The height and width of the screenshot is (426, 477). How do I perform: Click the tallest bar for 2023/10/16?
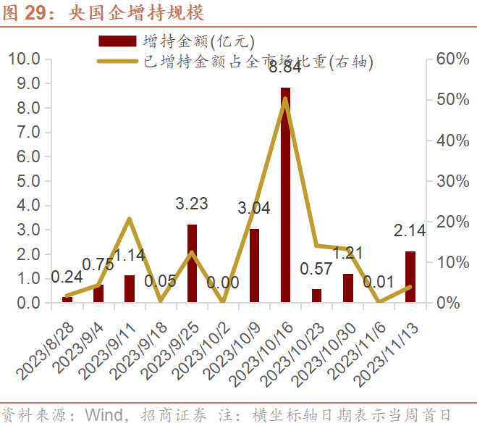click(285, 196)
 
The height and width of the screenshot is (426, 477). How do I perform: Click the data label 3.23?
click(192, 204)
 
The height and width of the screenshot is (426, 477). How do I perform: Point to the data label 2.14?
click(410, 231)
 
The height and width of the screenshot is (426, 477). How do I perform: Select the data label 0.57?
click(316, 270)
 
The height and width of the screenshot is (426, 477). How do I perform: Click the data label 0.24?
click(67, 277)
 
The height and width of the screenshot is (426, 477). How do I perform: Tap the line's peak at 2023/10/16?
click(285, 99)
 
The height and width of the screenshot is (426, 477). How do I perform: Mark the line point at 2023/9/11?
click(129, 219)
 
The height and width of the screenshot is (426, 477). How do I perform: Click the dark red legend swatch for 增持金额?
click(117, 40)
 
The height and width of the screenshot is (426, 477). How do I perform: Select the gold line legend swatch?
click(117, 60)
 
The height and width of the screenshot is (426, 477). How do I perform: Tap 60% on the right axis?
click(452, 59)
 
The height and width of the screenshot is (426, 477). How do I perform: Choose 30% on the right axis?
click(452, 181)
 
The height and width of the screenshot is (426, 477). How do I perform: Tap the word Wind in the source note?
click(102, 415)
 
